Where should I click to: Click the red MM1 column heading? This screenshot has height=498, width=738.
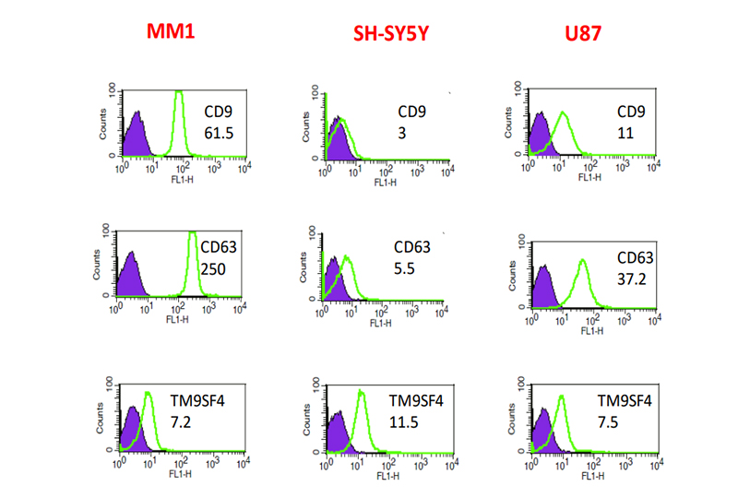tap(174, 30)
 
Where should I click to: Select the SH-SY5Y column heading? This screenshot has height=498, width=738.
tap(392, 36)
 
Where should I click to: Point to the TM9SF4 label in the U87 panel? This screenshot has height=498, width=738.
tap(625, 401)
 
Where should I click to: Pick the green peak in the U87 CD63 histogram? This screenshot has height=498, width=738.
tap(582, 263)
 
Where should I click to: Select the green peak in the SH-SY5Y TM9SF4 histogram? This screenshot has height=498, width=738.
tap(362, 395)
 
